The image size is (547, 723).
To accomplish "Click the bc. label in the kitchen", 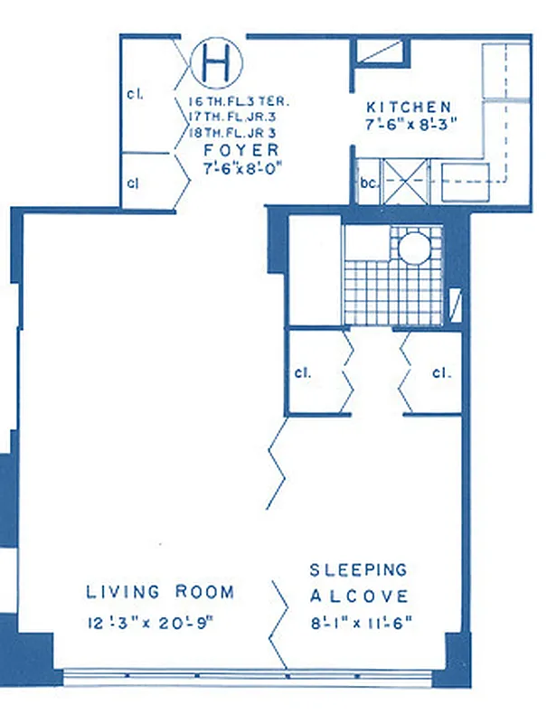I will tap(368, 182).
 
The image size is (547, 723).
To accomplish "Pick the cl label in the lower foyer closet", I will tap(133, 182).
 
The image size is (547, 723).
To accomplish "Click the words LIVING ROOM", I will tap(160, 593).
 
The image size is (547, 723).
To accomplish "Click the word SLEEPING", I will tap(358, 570).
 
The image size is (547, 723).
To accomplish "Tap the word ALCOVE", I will tap(359, 596).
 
